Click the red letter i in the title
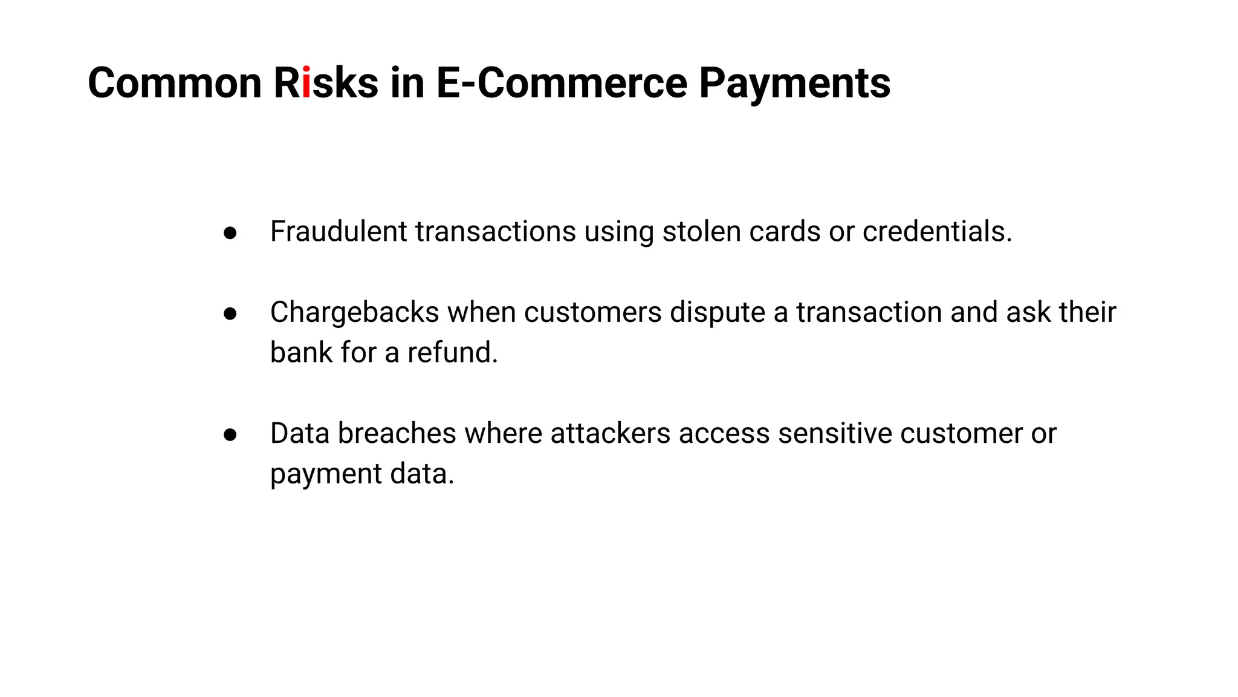[x=306, y=83]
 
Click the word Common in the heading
[x=175, y=83]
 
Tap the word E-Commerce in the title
[x=562, y=83]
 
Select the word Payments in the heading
[x=794, y=83]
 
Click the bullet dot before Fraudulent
[x=230, y=233]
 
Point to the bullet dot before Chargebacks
[x=230, y=313]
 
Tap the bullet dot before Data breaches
[x=230, y=434]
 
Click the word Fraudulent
[x=339, y=231]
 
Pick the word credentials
[x=936, y=231]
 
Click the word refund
[x=452, y=352]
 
